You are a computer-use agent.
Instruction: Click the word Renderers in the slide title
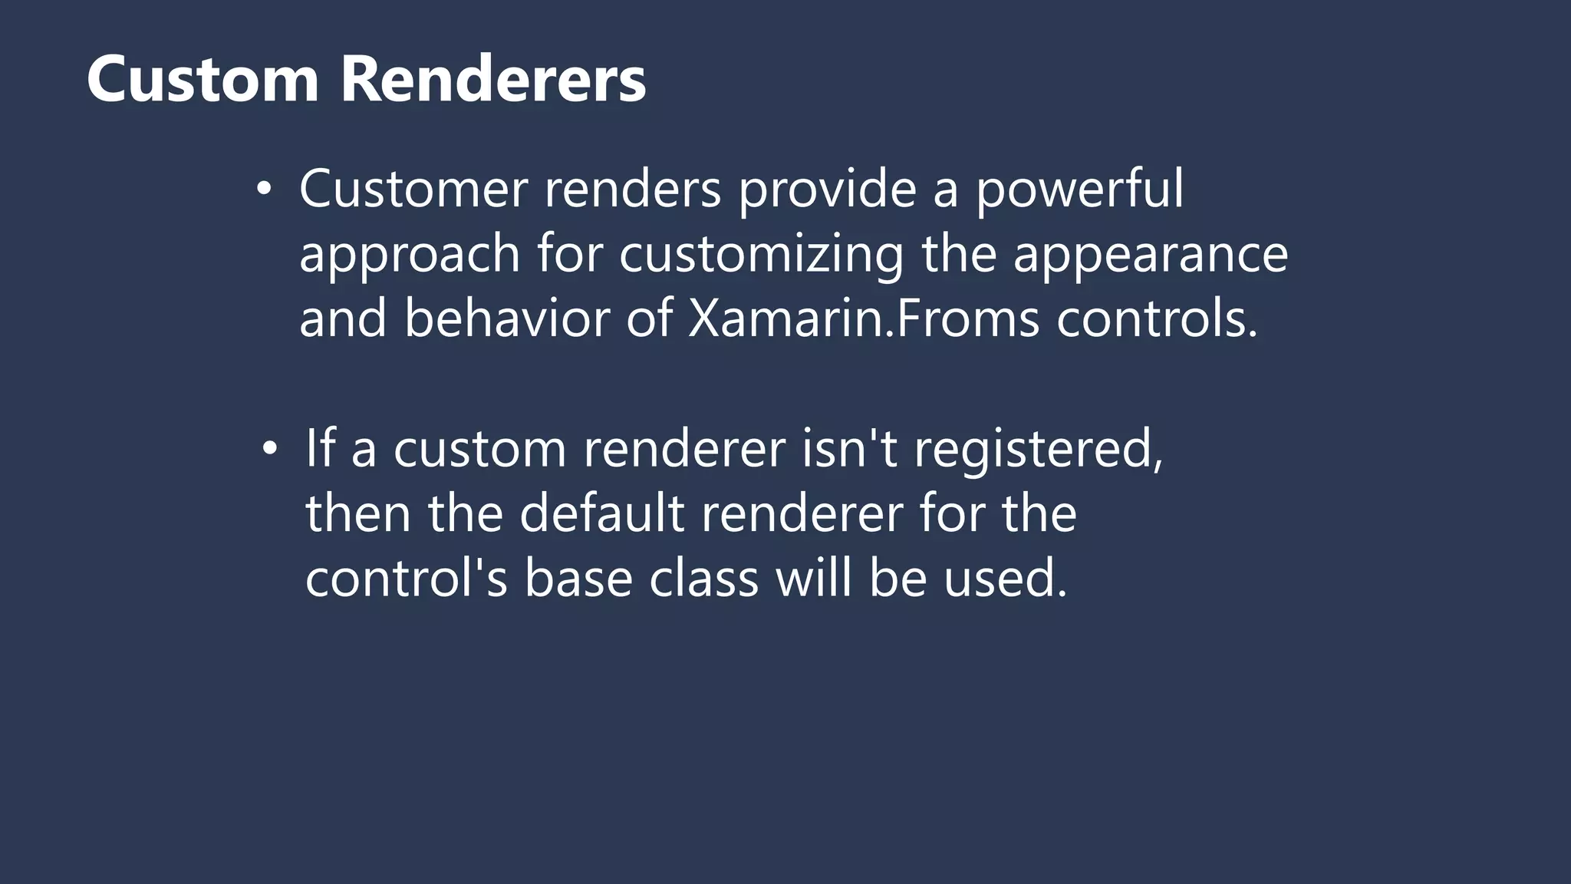493,79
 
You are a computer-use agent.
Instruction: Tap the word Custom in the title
203,79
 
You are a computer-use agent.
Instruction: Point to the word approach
410,256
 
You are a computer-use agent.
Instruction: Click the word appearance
1151,256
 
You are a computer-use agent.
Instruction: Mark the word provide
827,190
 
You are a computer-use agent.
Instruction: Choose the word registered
1039,450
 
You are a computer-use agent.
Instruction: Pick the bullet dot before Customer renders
264,190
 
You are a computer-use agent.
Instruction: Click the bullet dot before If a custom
269,449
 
